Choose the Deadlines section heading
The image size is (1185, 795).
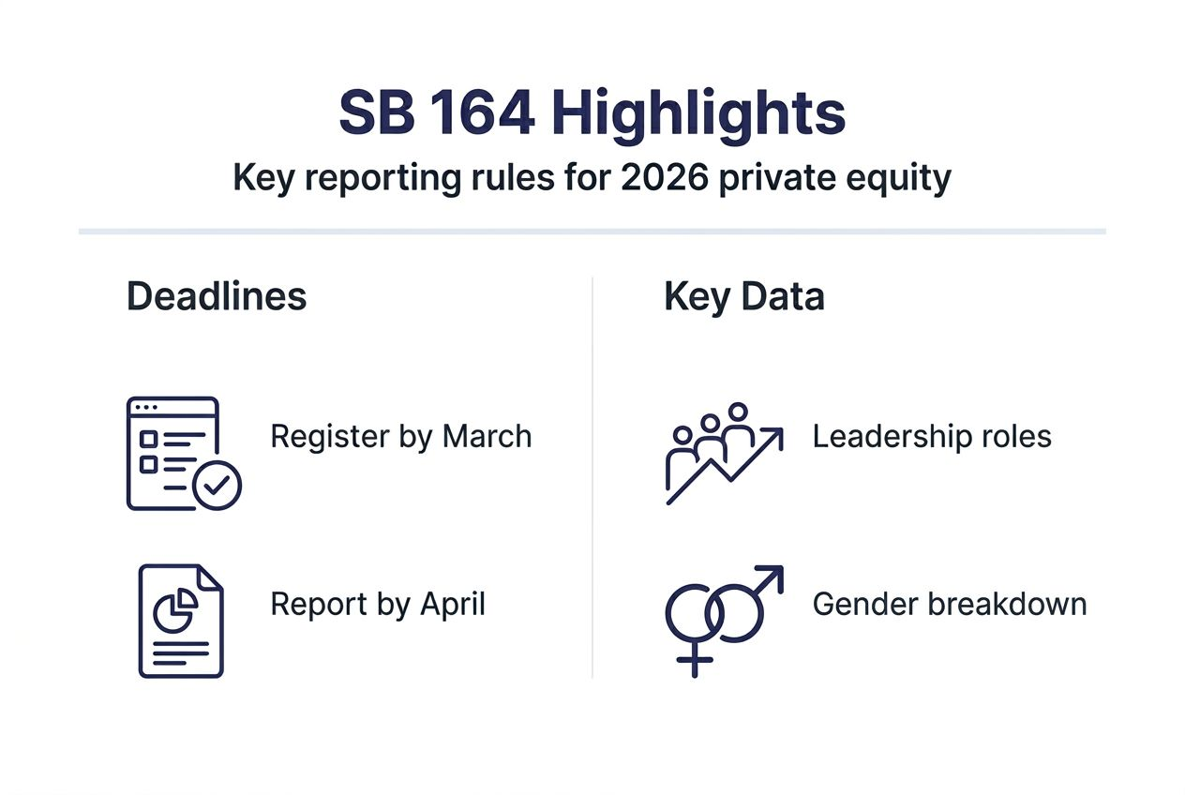tap(217, 296)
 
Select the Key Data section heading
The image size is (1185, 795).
tap(744, 296)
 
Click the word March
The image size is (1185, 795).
tap(487, 437)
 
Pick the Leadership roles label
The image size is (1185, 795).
tap(932, 437)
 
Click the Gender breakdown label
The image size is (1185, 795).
tap(950, 604)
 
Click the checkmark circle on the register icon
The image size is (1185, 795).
tap(217, 485)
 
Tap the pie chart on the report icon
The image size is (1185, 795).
tap(175, 610)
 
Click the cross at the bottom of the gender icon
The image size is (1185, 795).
tap(694, 662)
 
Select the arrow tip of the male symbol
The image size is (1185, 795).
tap(773, 574)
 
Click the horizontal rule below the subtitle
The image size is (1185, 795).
tap(592, 231)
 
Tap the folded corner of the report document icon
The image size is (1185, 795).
tap(210, 577)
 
